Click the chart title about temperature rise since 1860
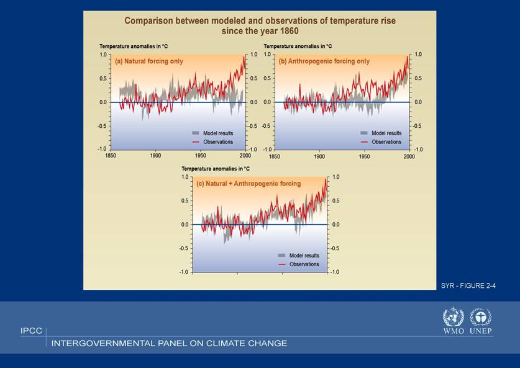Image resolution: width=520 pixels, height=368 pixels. tap(260, 25)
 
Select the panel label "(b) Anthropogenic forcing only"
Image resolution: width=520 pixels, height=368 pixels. tap(324, 61)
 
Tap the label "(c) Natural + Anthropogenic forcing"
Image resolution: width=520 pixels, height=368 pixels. tap(249, 184)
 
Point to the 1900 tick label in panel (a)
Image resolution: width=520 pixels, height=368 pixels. tap(155, 156)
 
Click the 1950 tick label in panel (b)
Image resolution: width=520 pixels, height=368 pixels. tap(364, 156)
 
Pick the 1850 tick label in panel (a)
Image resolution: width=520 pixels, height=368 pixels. tap(111, 156)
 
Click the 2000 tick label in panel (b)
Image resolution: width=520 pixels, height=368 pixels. tap(409, 156)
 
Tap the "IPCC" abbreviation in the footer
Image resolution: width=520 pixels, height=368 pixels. tap(31, 331)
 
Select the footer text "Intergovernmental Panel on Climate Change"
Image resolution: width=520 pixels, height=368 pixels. tap(169, 343)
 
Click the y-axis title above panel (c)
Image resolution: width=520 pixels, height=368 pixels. tap(216, 169)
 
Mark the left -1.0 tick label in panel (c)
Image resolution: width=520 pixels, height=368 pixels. tap(184, 272)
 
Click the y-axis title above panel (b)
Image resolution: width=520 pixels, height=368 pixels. tap(298, 47)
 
